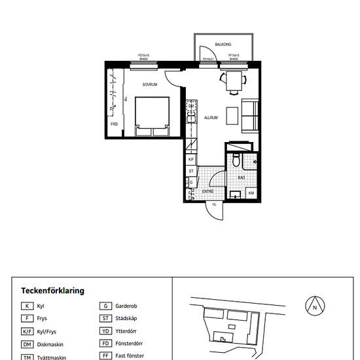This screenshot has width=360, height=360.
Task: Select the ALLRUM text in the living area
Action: [211, 118]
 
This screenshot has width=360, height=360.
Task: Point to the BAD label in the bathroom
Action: [241, 177]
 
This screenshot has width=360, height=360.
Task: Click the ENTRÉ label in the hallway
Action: [207, 191]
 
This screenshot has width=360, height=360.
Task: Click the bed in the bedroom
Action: [152, 117]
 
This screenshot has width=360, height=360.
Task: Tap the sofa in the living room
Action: [250, 115]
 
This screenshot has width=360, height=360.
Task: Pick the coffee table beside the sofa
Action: [232, 115]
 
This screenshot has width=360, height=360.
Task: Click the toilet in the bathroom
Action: [236, 160]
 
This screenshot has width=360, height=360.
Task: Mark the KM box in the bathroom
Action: [251, 193]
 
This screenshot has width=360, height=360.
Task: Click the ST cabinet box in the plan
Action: [191, 171]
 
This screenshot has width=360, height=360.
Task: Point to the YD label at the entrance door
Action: [213, 204]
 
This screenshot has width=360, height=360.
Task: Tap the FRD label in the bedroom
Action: [114, 124]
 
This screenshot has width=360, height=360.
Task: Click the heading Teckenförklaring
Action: [52, 291]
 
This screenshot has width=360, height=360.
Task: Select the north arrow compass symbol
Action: [314, 306]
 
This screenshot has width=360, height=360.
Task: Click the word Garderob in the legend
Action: [126, 306]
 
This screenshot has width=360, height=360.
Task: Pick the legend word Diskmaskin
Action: [50, 344]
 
